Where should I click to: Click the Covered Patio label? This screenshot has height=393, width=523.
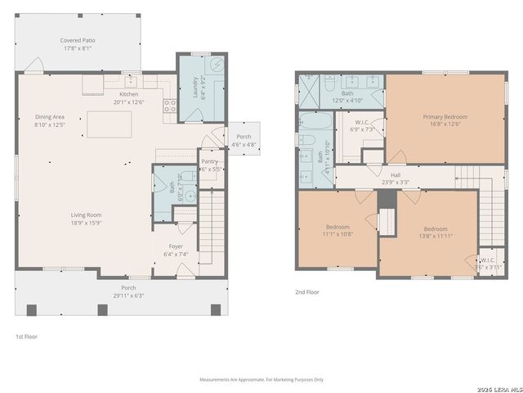point(77,40)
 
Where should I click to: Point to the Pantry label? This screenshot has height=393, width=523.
point(210,162)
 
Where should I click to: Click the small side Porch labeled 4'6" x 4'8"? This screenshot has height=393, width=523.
point(244,140)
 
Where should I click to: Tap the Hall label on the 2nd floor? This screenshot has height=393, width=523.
point(396,174)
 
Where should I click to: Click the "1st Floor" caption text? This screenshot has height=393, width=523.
point(26,337)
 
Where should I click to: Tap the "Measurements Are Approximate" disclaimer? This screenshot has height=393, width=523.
point(261,379)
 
